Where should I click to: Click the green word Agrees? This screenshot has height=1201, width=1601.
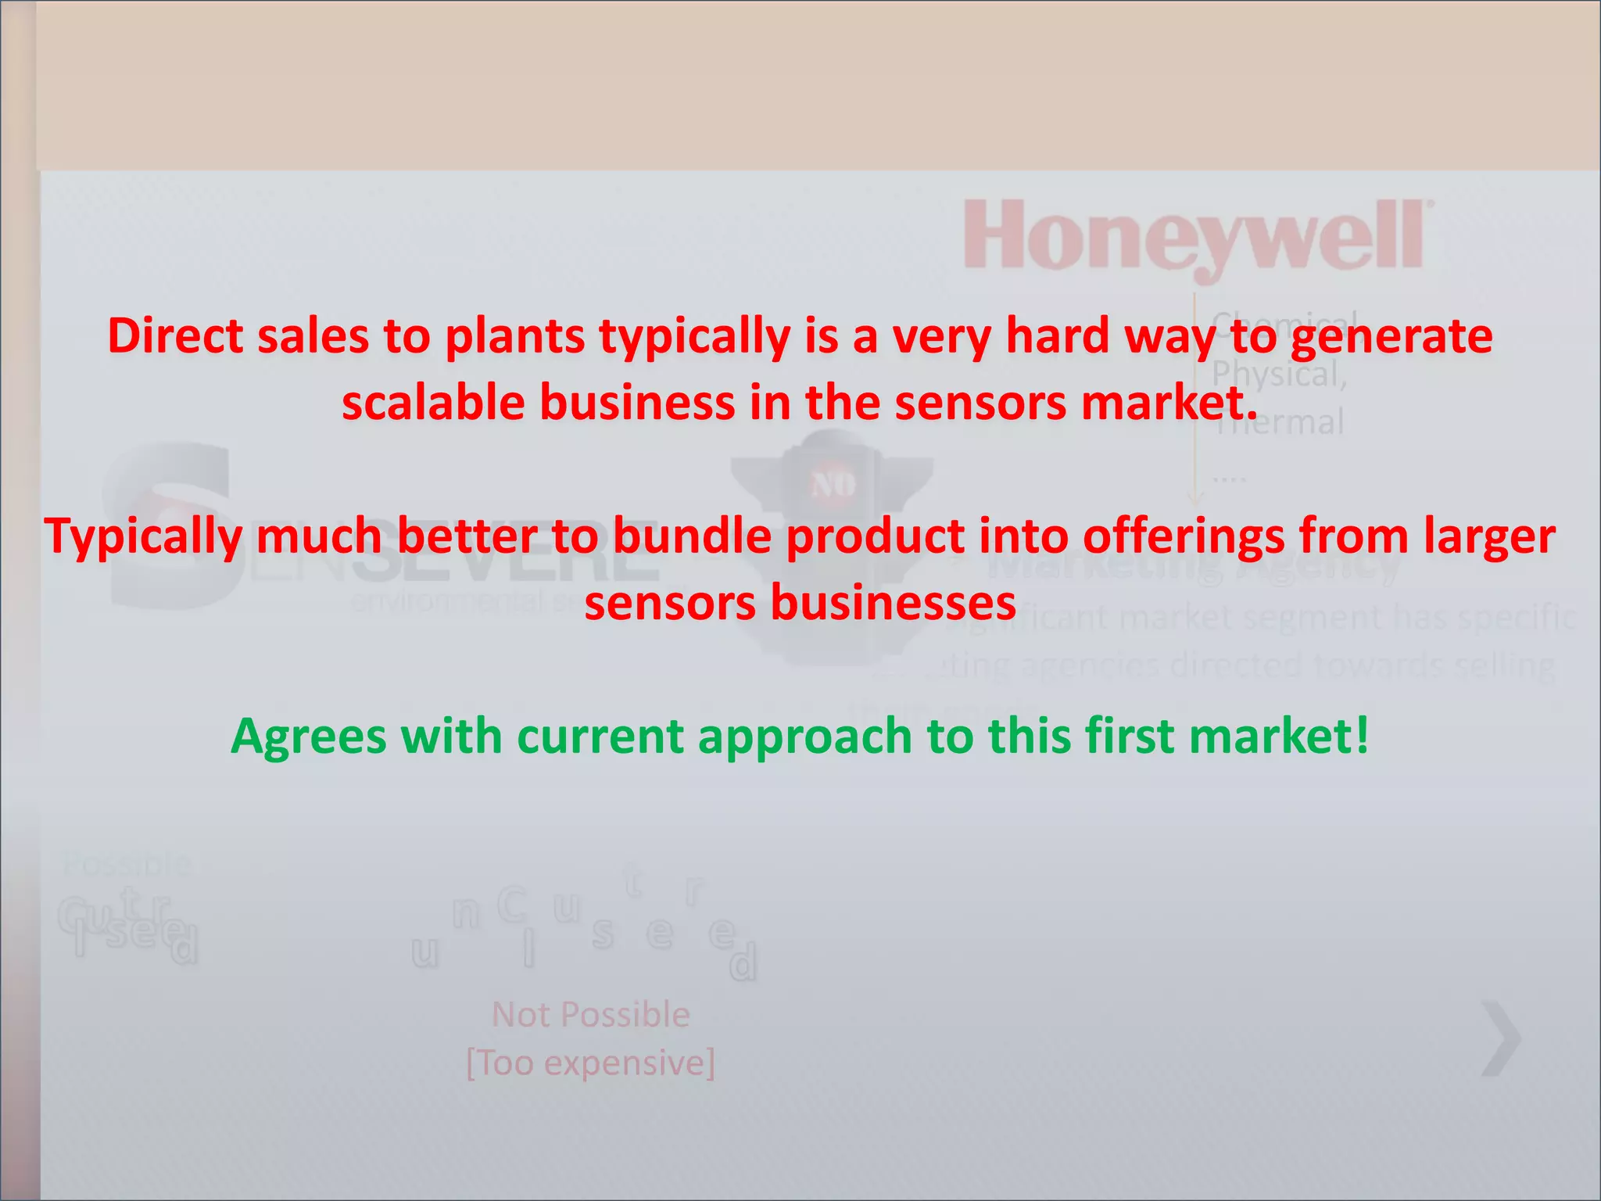click(x=308, y=738)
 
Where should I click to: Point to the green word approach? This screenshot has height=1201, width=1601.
click(x=805, y=738)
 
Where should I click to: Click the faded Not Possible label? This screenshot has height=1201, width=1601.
click(x=590, y=1015)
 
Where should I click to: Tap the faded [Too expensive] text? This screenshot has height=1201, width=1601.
click(x=590, y=1063)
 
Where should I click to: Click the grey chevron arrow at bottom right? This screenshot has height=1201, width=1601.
click(x=1501, y=1038)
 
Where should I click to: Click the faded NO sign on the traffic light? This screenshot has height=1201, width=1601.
click(x=833, y=486)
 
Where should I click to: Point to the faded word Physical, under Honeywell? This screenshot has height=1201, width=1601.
click(x=1279, y=375)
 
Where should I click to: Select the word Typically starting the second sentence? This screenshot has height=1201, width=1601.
click(x=142, y=538)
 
